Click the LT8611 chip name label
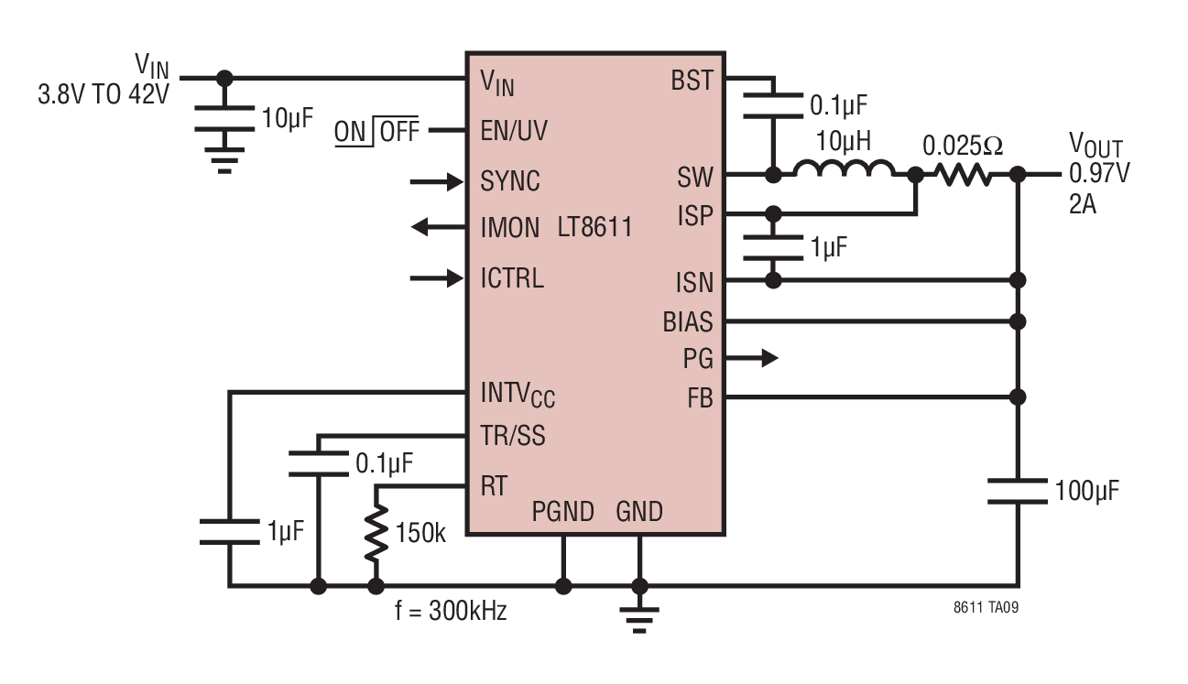594,227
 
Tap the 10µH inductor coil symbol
845,168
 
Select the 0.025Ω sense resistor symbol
963,174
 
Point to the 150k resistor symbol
376,533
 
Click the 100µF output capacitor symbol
1018,491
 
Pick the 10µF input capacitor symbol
224,118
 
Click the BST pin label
692,81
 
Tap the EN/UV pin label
513,130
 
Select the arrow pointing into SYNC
437,182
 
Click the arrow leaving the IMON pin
439,227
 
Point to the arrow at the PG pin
751,358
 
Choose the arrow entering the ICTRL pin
437,277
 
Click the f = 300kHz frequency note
451,611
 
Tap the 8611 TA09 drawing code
986,608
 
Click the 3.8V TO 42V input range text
104,94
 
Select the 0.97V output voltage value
1099,173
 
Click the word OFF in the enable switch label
399,131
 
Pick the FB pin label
700,398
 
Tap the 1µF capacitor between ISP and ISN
773,247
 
